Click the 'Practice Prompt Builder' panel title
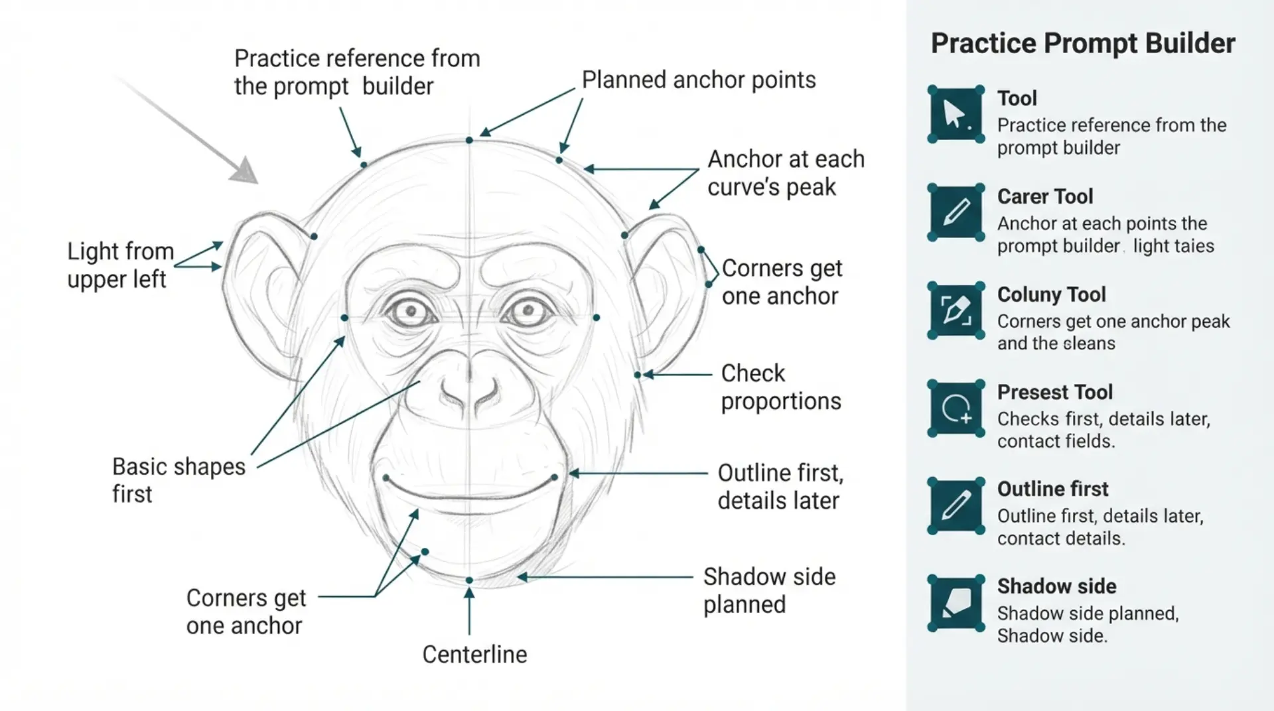point(1083,43)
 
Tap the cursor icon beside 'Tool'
point(955,114)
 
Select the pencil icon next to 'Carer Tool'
point(955,212)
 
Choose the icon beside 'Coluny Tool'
point(955,310)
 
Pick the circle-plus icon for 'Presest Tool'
point(955,408)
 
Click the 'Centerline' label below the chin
point(475,655)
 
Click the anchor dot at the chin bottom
point(469,580)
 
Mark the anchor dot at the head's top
point(469,140)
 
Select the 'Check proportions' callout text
point(781,387)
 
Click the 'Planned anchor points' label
point(699,80)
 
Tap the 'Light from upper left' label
point(120,265)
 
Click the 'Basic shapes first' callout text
point(178,480)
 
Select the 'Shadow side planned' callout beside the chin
point(770,590)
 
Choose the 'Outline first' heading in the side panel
point(1052,489)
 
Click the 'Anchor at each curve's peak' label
point(786,173)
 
